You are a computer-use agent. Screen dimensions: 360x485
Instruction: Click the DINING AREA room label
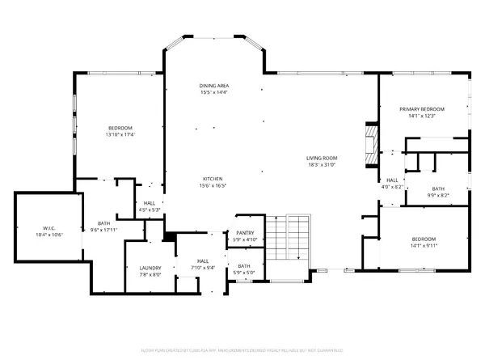pyautogui.click(x=215, y=86)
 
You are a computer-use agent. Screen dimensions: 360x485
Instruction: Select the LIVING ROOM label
pyautogui.click(x=321, y=159)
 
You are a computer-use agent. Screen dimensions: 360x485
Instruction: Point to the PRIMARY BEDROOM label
pyautogui.click(x=424, y=109)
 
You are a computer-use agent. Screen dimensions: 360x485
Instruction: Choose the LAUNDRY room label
pyautogui.click(x=150, y=268)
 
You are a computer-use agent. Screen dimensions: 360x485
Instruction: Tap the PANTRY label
pyautogui.click(x=244, y=234)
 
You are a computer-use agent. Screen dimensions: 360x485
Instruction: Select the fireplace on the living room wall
pyautogui.click(x=370, y=143)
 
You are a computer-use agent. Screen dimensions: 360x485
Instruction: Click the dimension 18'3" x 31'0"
pyautogui.click(x=321, y=165)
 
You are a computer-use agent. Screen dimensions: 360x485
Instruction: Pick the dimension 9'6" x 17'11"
pyautogui.click(x=104, y=229)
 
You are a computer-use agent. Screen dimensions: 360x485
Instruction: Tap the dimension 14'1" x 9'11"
pyautogui.click(x=424, y=246)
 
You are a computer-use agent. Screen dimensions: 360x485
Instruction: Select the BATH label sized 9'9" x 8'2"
pyautogui.click(x=436, y=188)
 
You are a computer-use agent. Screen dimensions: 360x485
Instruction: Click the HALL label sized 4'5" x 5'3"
pyautogui.click(x=150, y=203)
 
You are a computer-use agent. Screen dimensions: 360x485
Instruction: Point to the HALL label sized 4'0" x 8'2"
pyautogui.click(x=392, y=180)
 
